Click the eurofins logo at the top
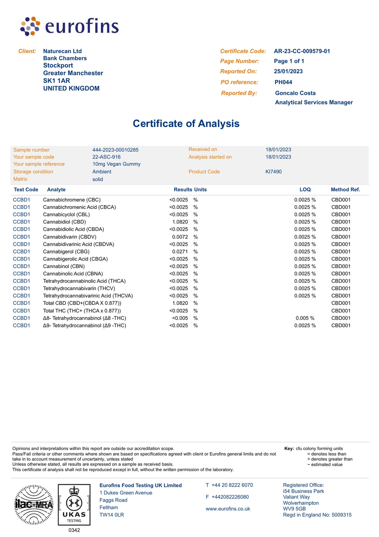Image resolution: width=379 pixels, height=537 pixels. [x=70, y=26]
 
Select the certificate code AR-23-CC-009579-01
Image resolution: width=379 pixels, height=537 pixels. [x=302, y=51]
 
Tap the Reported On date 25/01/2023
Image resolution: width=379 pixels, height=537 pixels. [x=288, y=71]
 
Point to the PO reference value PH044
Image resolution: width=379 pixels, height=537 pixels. [x=283, y=82]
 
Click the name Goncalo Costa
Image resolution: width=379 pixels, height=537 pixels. [x=295, y=93]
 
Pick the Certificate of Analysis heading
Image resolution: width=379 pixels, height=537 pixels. [x=186, y=124]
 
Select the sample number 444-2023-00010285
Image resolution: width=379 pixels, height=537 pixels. [x=115, y=150]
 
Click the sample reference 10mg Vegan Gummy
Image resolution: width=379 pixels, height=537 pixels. [x=116, y=164]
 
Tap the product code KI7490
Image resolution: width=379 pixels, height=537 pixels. [x=274, y=172]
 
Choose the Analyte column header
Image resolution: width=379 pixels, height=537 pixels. [x=56, y=189]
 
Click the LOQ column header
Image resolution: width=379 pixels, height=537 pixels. [x=305, y=189]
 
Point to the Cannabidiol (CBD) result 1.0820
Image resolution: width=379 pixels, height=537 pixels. [x=180, y=222]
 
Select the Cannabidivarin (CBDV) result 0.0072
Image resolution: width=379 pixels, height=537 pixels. [x=180, y=237]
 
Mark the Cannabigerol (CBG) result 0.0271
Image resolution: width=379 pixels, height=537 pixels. [x=180, y=252]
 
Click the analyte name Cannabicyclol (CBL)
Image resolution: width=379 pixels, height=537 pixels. [x=66, y=215]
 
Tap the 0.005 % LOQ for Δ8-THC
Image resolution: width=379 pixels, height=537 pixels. [x=305, y=318]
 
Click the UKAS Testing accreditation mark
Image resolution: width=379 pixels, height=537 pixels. [x=74, y=504]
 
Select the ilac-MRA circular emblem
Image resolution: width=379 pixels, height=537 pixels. [x=34, y=504]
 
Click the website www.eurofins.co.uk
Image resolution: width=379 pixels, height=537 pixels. [x=228, y=509]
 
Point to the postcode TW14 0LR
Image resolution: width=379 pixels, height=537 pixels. [x=112, y=515]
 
